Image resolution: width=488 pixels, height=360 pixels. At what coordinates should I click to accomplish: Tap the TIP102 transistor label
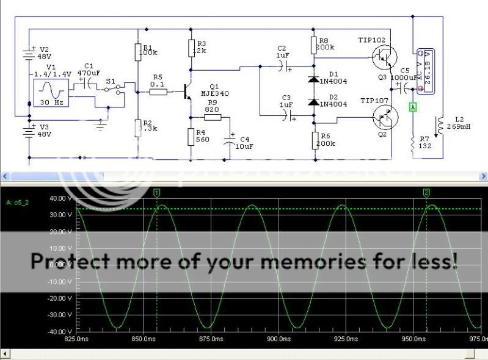[x=373, y=40]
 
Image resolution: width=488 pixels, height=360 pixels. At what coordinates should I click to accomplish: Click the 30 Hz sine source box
[x=51, y=93]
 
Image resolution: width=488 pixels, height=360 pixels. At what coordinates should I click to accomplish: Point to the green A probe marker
[x=413, y=107]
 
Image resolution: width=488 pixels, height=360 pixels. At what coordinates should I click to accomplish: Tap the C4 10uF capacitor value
[x=245, y=146]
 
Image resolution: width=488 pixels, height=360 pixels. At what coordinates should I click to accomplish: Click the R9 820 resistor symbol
[x=216, y=117]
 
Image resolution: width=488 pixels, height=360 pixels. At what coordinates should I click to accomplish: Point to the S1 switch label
[x=111, y=80]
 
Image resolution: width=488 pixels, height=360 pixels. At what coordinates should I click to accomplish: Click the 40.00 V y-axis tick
[x=61, y=198]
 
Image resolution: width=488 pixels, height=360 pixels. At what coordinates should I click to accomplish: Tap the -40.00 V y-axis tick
[x=60, y=332]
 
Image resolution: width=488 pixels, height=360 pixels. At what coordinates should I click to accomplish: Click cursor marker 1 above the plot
[x=157, y=193]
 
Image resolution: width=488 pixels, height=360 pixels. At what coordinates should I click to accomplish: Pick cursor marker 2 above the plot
[x=426, y=193]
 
